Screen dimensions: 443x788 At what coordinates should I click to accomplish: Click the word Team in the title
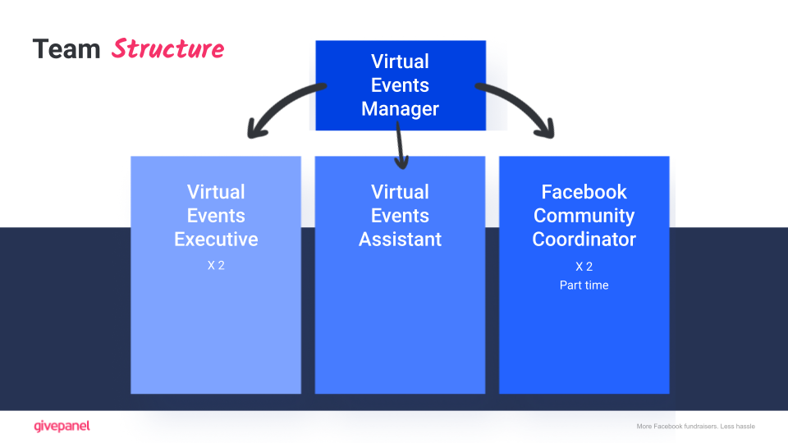click(66, 49)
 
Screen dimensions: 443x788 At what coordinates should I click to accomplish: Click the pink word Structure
click(167, 49)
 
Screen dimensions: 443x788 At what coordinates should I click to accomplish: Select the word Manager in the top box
click(400, 109)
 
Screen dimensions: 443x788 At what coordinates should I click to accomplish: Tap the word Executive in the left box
click(216, 240)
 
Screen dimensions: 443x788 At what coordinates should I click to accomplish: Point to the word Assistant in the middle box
click(400, 240)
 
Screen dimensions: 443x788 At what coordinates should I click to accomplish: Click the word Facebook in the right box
click(584, 192)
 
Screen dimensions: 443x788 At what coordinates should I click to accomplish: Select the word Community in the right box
click(584, 216)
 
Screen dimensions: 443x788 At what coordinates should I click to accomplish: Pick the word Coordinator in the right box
click(584, 240)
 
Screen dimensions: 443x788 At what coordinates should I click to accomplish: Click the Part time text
click(584, 285)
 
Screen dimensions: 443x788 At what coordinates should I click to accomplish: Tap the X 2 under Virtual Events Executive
click(216, 267)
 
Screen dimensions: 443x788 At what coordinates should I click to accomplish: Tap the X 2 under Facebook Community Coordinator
click(584, 267)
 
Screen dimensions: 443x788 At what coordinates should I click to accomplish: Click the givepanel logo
click(62, 426)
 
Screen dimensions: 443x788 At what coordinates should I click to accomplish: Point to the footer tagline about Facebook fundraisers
click(695, 427)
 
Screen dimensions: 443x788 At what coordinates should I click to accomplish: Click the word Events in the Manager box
click(400, 85)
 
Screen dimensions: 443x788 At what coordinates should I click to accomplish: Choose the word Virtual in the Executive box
click(216, 192)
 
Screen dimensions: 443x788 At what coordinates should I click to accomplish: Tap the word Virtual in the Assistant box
click(400, 192)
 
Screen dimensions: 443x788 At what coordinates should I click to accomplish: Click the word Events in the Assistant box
click(400, 216)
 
